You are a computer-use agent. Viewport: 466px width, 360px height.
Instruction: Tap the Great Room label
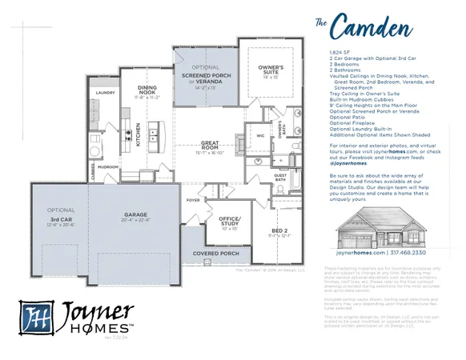pyautogui.click(x=211, y=147)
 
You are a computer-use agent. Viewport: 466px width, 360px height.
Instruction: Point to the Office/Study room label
pyautogui.click(x=230, y=221)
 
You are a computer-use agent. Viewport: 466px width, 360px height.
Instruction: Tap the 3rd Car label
pyautogui.click(x=61, y=219)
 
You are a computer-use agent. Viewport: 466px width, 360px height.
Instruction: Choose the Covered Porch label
pyautogui.click(x=216, y=253)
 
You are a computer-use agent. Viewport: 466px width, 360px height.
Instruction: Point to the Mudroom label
pyautogui.click(x=109, y=167)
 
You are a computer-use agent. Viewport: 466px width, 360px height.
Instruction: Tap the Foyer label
pyautogui.click(x=193, y=200)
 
